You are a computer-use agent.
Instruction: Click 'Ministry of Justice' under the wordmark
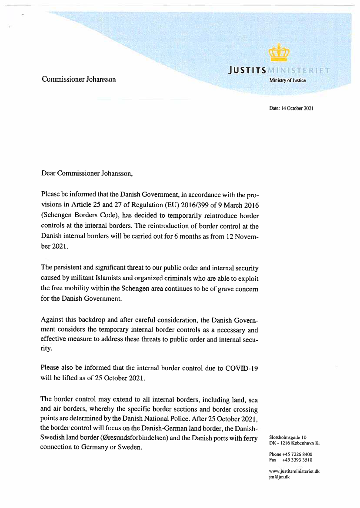287,80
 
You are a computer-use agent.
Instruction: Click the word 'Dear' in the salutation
49,173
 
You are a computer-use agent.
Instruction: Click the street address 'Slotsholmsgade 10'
288,437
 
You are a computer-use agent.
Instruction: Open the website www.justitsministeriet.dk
294,471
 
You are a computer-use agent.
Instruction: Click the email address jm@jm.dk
279,477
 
